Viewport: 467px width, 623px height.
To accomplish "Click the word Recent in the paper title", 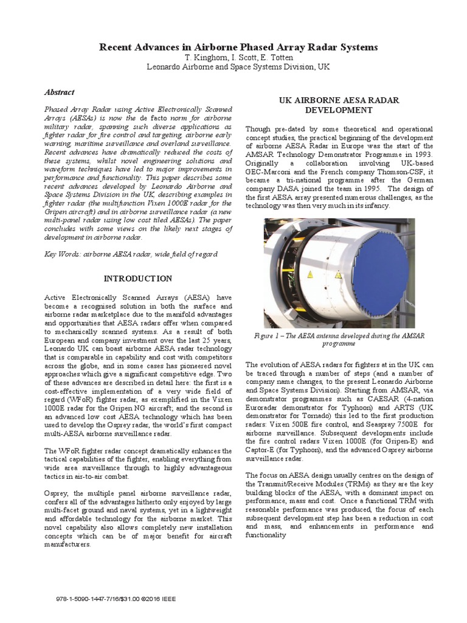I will point(117,47).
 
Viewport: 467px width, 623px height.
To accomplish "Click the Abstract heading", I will point(60,92).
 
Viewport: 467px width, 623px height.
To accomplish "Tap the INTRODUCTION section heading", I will point(137,278).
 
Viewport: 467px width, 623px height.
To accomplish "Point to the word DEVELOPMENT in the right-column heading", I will point(333,110).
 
